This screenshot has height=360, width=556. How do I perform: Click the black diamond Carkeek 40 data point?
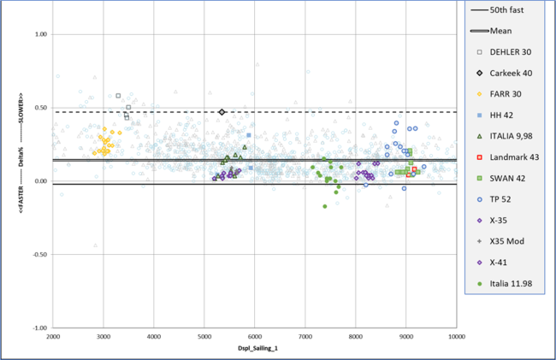(222, 112)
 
